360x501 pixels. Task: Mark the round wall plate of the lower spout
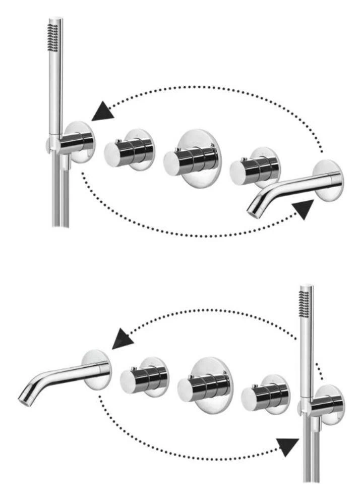pyautogui.click(x=97, y=369)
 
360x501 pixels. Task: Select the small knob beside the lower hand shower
pyautogui.click(x=266, y=394)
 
